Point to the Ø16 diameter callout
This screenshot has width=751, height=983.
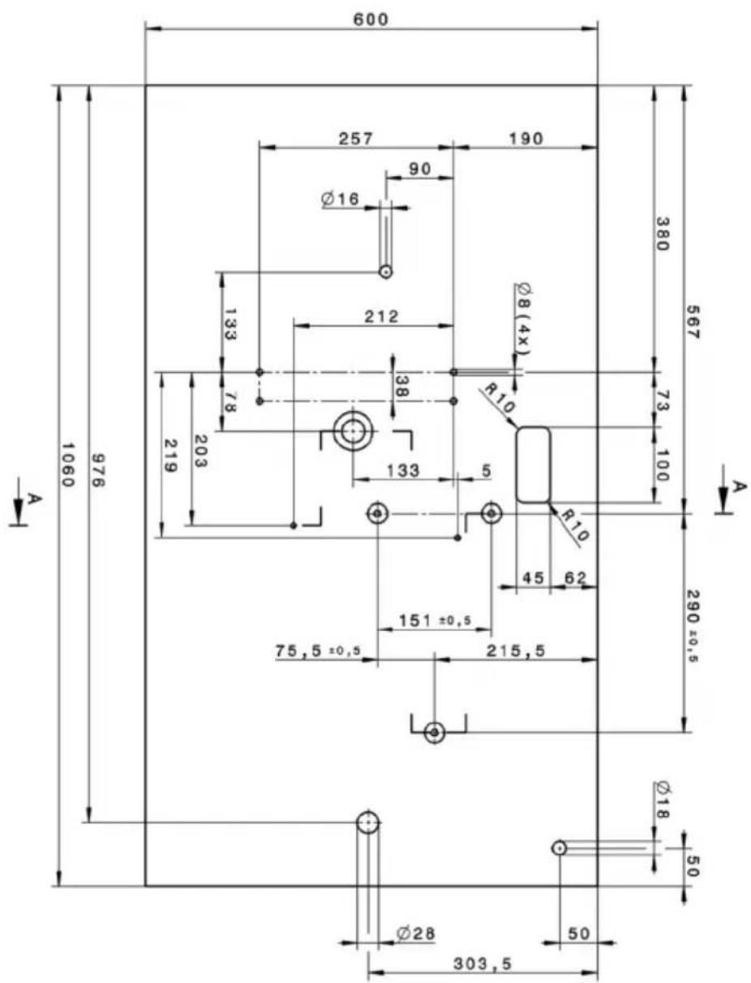click(340, 198)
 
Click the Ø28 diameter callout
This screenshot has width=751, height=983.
click(415, 934)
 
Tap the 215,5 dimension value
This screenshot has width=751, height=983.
click(516, 650)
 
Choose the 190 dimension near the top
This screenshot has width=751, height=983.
click(526, 138)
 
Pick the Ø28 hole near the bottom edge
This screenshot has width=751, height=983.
click(368, 822)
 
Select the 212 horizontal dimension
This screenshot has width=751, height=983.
click(381, 316)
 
